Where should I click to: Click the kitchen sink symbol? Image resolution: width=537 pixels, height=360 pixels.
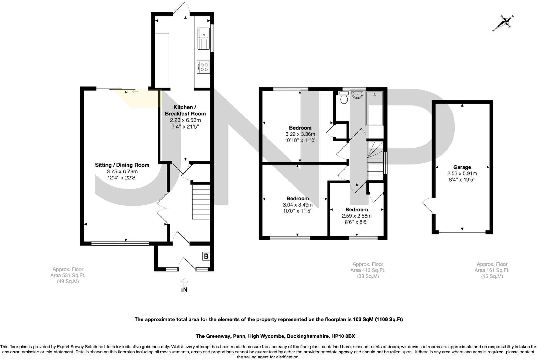point(204,39)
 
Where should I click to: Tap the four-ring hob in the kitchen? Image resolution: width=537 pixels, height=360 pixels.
point(203,67)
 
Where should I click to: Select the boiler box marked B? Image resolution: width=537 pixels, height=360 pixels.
point(206,256)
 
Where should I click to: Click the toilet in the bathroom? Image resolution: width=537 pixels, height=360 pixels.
point(344,98)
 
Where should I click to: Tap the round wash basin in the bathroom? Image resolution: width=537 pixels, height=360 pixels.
point(357,95)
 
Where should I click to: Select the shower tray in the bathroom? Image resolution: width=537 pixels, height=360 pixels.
point(374,108)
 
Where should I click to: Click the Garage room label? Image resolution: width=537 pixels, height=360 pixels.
point(462,167)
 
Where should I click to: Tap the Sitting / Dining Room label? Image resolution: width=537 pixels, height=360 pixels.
point(122,165)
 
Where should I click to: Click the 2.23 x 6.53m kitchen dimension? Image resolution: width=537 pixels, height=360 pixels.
point(185,120)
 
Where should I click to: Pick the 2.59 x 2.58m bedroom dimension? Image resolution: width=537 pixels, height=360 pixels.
point(357,216)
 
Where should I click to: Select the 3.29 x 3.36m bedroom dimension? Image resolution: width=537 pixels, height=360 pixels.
point(300,134)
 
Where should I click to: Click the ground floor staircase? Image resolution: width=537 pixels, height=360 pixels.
point(201,202)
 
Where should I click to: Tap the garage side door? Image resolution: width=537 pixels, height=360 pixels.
point(428,206)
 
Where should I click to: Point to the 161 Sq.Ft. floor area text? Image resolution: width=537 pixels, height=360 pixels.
point(492,270)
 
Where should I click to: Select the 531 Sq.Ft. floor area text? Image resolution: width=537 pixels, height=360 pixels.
point(68,275)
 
